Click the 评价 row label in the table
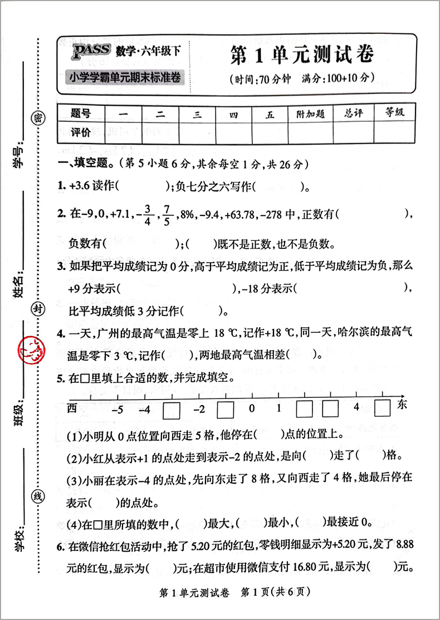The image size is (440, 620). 80,132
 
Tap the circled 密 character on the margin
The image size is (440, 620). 37,117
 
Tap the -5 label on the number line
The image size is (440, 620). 118,409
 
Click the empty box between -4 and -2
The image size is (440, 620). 172,410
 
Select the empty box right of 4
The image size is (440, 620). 382,407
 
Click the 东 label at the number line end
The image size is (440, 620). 403,405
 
